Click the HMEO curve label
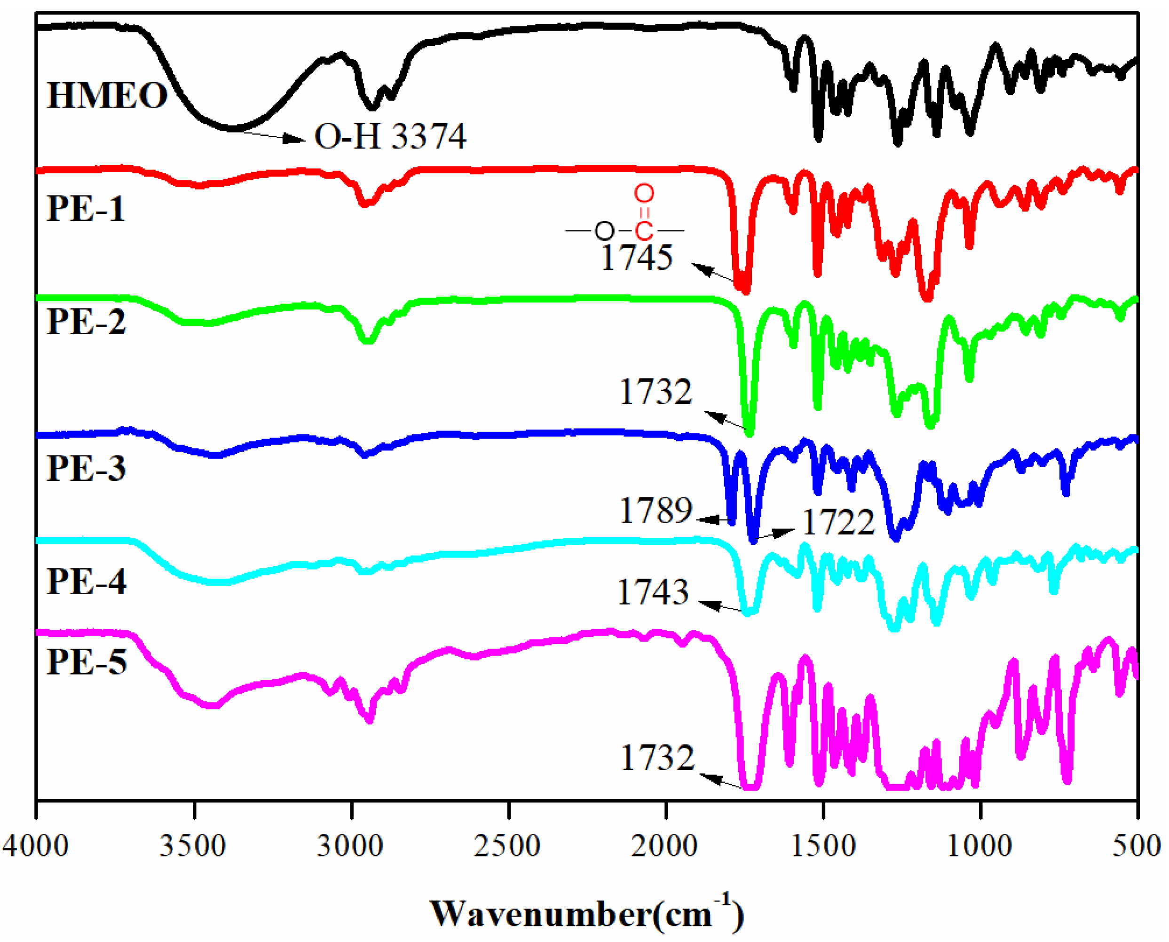click(107, 95)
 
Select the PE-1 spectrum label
click(86, 208)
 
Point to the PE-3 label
click(86, 468)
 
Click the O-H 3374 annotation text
click(390, 136)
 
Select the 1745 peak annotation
click(637, 257)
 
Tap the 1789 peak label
click(656, 510)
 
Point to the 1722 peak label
click(838, 523)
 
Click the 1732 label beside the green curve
click(656, 391)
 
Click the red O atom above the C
click(644, 193)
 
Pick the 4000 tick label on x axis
click(35, 846)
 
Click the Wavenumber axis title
click(586, 914)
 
